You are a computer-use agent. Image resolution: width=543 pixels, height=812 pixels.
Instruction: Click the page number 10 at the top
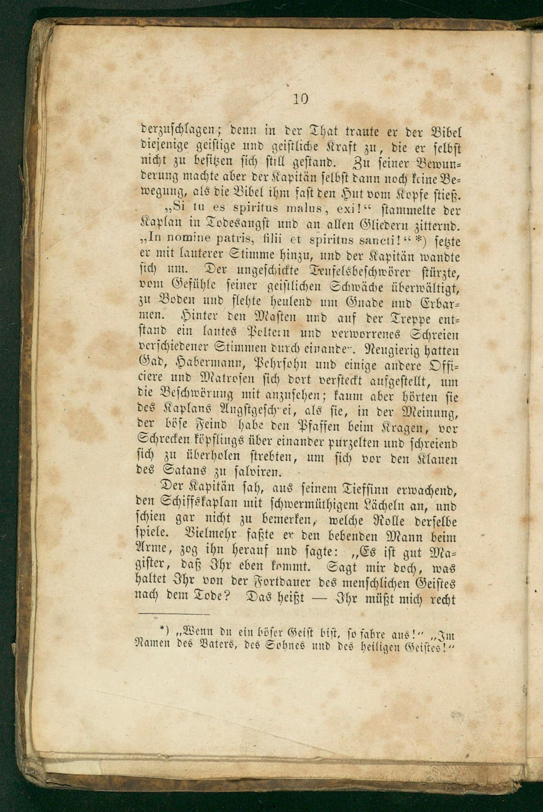300,100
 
